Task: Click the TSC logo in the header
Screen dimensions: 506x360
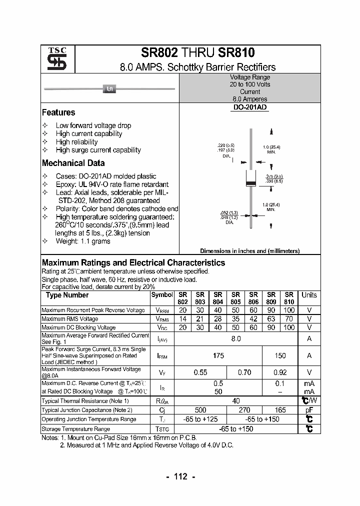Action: click(x=53, y=59)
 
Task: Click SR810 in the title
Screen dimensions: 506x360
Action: click(x=235, y=53)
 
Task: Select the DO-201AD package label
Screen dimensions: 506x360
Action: click(x=250, y=107)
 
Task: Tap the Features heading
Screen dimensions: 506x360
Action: click(x=58, y=112)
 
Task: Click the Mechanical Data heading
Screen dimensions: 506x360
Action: click(x=73, y=163)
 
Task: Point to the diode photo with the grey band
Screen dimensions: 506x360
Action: click(x=110, y=89)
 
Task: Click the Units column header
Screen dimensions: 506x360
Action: click(x=309, y=295)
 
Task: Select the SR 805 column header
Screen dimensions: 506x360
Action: click(x=236, y=298)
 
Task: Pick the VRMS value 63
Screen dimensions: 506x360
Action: click(x=271, y=318)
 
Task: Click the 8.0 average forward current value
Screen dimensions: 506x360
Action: click(x=236, y=338)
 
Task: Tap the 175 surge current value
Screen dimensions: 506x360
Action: click(x=218, y=355)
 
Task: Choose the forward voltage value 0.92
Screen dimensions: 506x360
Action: click(x=280, y=372)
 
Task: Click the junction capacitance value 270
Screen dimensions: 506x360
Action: click(x=244, y=409)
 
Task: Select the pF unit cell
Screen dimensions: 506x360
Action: click(x=309, y=409)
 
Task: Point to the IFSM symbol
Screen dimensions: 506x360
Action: click(x=162, y=356)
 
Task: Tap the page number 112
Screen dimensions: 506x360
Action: click(x=180, y=476)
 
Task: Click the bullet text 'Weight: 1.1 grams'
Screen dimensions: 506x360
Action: click(x=83, y=241)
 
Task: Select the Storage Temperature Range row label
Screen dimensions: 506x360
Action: click(x=75, y=428)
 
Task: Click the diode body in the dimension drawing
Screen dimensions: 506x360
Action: click(x=251, y=178)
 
